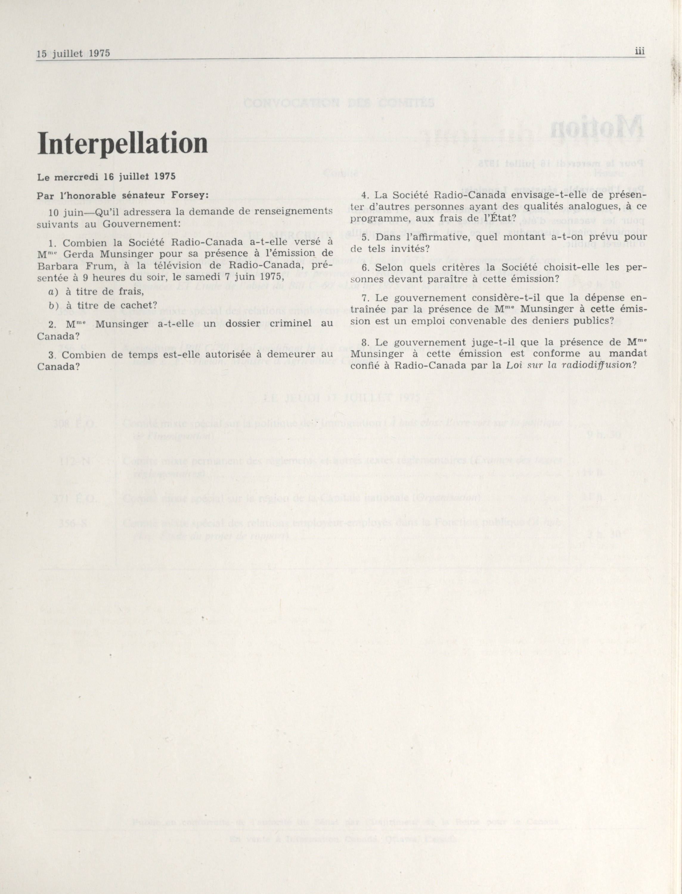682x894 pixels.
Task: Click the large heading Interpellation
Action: click(122, 145)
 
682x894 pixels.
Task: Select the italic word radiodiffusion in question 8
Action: click(597, 365)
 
